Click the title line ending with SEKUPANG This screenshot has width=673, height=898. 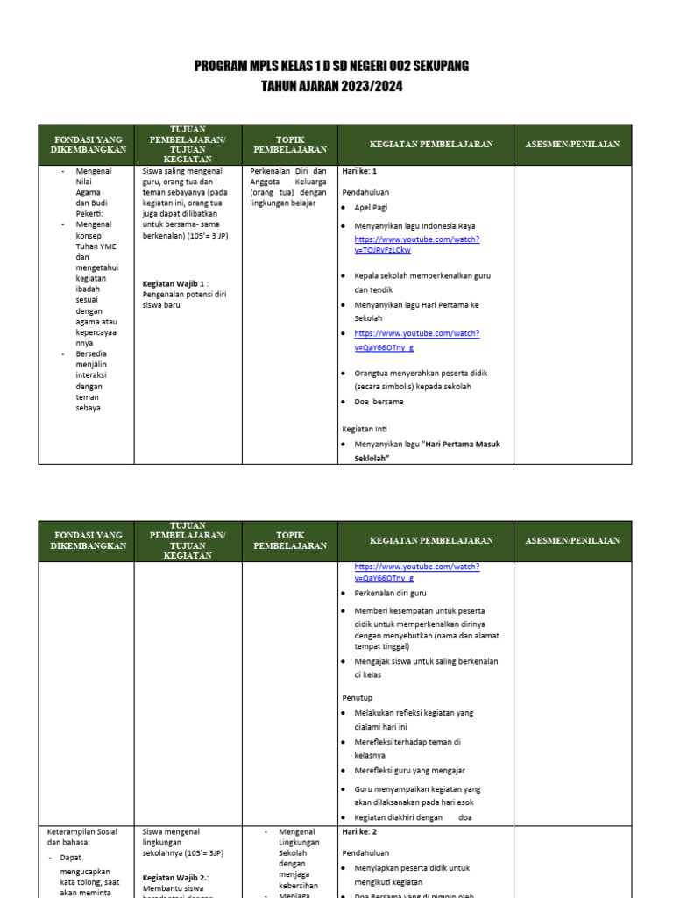[x=331, y=67]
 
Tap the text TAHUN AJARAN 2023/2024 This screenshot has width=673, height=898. [x=331, y=86]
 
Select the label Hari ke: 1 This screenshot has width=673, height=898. [x=359, y=171]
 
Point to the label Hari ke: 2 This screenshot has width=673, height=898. [x=359, y=831]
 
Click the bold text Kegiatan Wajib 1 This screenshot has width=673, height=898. [x=174, y=283]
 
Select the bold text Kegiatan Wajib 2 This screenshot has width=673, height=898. [x=175, y=877]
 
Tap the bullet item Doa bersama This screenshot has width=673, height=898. [x=379, y=402]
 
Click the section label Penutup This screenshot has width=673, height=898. [x=358, y=697]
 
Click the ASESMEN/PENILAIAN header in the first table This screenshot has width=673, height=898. [x=572, y=144]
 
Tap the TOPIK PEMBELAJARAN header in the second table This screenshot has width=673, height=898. [x=289, y=539]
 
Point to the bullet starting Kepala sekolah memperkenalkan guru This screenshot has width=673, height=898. [x=422, y=282]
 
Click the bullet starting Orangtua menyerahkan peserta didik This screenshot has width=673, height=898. [x=421, y=379]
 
